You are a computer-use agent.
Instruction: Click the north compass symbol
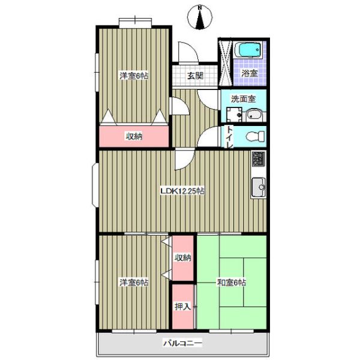(x=200, y=17)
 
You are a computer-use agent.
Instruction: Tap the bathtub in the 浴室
(x=248, y=50)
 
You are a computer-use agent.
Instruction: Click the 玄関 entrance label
(x=195, y=76)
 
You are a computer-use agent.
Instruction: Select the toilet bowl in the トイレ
(x=255, y=137)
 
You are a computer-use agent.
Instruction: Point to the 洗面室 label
(x=243, y=99)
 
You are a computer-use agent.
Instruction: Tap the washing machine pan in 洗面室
(x=234, y=115)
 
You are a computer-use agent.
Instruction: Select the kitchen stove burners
(x=259, y=159)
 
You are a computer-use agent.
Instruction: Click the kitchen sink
(x=259, y=187)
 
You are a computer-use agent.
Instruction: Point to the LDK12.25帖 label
(x=182, y=191)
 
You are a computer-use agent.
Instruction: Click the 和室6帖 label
(x=231, y=283)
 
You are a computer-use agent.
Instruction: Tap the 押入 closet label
(x=183, y=306)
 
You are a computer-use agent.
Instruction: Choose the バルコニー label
(x=183, y=343)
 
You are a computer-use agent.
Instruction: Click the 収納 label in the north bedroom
(x=134, y=137)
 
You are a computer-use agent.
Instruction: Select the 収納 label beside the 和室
(x=183, y=257)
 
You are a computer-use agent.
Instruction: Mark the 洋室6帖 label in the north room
(x=134, y=76)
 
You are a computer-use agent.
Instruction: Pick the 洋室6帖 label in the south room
(x=134, y=283)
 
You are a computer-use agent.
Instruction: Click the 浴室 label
(x=250, y=73)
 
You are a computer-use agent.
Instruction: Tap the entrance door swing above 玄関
(x=188, y=52)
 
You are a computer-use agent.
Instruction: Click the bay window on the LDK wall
(x=95, y=185)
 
